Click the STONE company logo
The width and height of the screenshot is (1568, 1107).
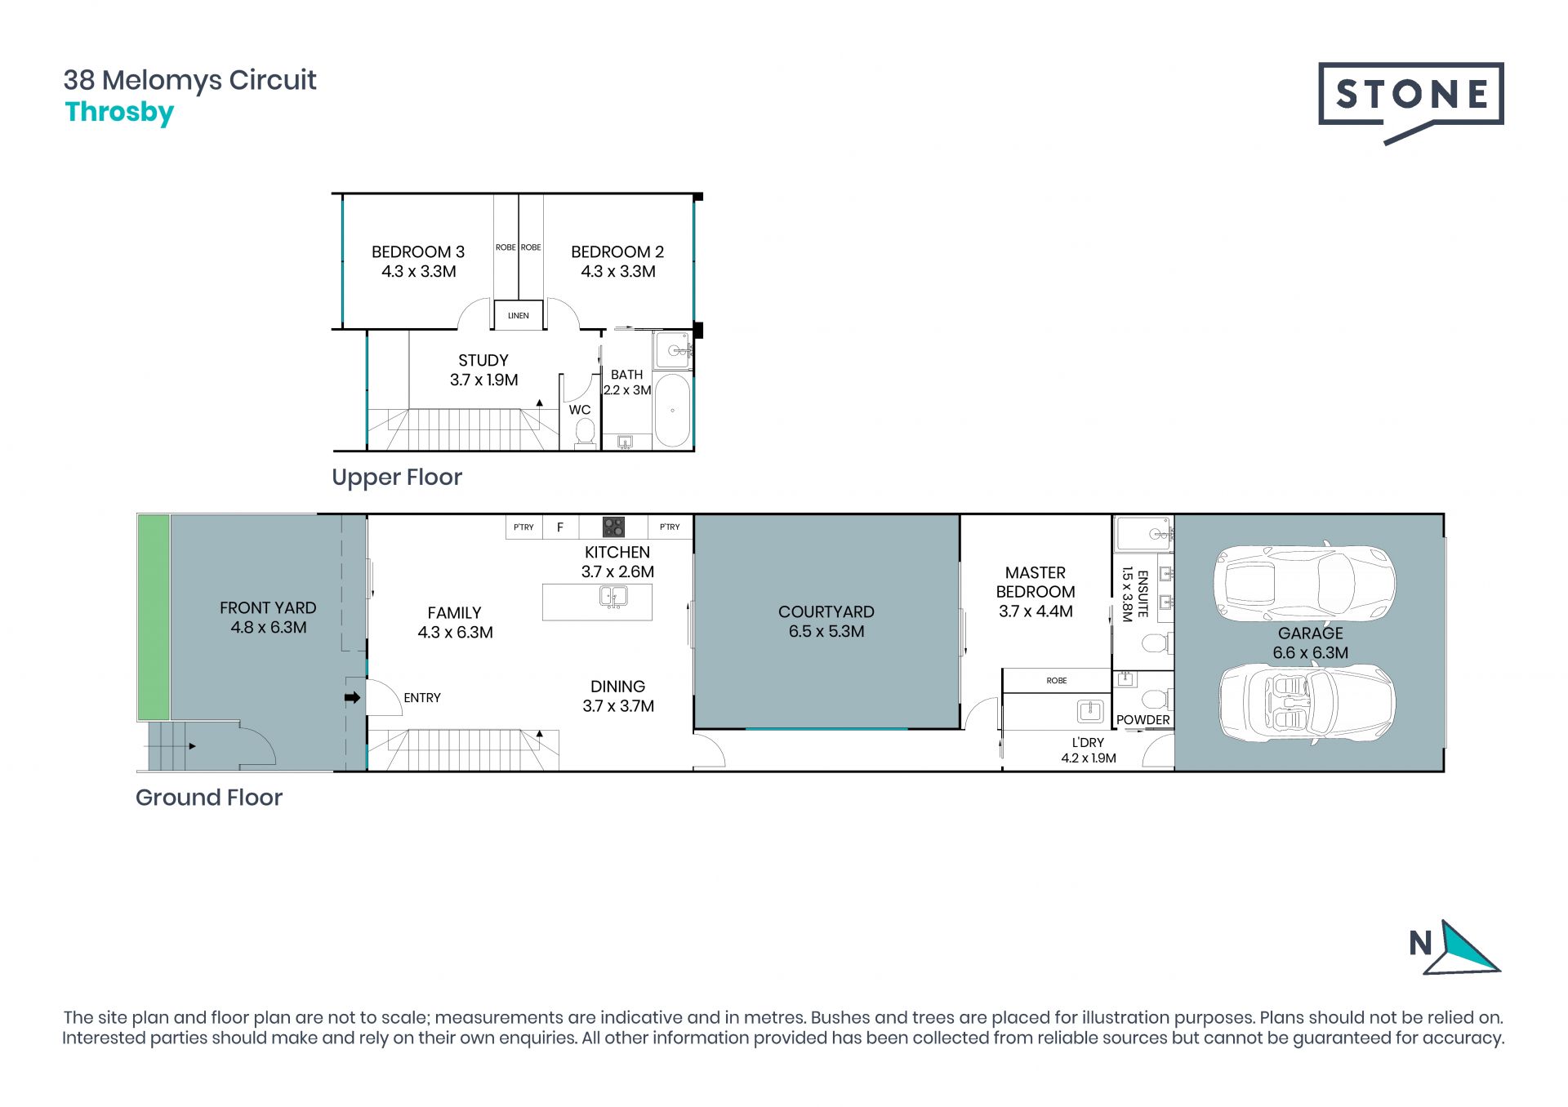1410,103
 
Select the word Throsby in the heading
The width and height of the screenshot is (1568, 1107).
119,113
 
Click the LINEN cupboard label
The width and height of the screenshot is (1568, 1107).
519,315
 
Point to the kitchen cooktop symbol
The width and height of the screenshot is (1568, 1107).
613,527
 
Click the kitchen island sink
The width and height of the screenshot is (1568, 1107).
613,597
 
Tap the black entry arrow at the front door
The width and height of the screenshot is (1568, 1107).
353,697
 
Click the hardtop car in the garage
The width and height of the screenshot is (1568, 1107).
1304,583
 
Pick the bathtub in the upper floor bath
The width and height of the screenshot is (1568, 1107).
672,410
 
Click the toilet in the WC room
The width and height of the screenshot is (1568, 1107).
585,433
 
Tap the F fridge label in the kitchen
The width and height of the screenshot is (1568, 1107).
560,527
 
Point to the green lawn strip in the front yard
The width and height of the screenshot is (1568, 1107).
154,617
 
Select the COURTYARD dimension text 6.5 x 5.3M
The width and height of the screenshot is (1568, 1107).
826,631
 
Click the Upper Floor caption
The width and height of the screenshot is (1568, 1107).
397,478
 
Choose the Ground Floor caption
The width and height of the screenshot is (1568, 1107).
209,798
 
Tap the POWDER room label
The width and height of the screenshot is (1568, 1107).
1143,719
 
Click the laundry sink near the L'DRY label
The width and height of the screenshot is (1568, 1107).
1090,711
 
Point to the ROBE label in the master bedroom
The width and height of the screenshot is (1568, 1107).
1057,680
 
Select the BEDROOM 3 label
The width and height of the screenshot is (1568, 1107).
418,252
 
